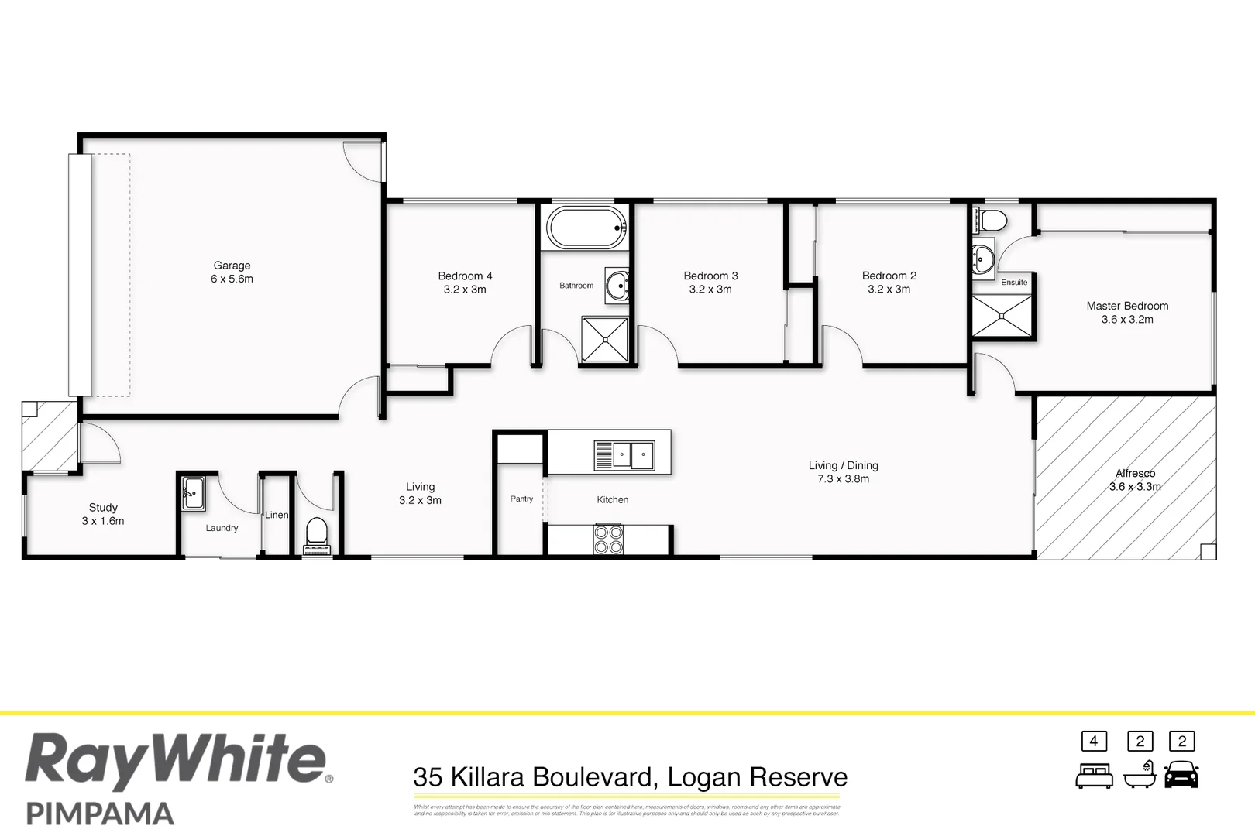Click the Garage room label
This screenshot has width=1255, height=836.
[232, 266]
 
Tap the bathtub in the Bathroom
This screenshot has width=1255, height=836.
[586, 228]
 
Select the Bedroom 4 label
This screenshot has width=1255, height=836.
[465, 276]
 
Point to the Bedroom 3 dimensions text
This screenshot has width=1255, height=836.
[710, 290]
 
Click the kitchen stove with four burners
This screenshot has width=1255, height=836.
[608, 539]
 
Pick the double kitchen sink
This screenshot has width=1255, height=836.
[624, 455]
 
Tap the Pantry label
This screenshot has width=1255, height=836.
[521, 499]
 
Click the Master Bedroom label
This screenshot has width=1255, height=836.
[1127, 306]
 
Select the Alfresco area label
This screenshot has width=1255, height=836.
[1135, 473]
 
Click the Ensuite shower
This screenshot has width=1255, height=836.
[1002, 316]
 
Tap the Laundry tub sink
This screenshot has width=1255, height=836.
[193, 493]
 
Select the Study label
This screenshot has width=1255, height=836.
[103, 508]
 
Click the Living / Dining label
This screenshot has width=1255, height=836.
[843, 465]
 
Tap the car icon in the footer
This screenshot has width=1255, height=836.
[1181, 774]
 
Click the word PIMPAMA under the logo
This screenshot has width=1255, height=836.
[100, 814]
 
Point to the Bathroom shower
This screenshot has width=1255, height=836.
[604, 339]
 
